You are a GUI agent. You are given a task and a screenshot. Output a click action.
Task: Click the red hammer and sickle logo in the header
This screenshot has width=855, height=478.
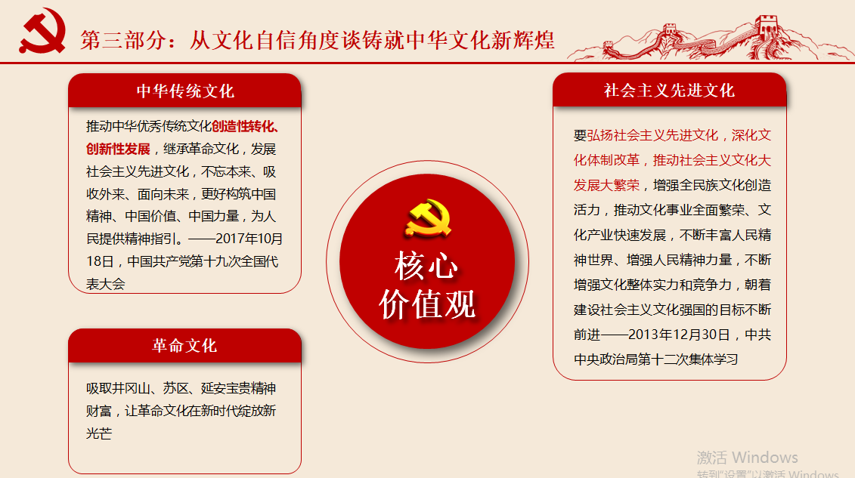pyautogui.click(x=42, y=31)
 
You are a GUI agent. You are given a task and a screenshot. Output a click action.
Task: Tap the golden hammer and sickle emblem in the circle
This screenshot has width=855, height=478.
pyautogui.click(x=429, y=219)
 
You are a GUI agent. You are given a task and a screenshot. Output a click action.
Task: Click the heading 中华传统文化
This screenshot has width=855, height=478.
pyautogui.click(x=185, y=91)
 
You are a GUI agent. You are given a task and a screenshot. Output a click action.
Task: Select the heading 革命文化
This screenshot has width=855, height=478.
pyautogui.click(x=184, y=346)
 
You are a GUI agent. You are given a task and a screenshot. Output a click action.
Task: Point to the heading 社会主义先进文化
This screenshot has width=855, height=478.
pyautogui.click(x=669, y=91)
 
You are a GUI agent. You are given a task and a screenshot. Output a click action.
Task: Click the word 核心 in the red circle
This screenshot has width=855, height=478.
pyautogui.click(x=426, y=267)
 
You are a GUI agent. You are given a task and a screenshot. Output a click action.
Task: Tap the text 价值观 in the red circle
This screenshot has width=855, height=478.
pyautogui.click(x=427, y=304)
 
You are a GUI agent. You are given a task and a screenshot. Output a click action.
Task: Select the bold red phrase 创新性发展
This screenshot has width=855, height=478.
pyautogui.click(x=118, y=150)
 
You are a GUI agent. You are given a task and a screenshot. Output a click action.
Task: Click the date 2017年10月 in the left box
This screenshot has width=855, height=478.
pyautogui.click(x=249, y=239)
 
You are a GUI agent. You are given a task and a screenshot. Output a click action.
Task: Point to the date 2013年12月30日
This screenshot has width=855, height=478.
pyautogui.click(x=679, y=335)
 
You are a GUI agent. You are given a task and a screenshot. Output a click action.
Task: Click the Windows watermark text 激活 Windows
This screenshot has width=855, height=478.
pyautogui.click(x=747, y=458)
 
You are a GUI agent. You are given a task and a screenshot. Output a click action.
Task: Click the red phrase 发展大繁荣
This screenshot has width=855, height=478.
pyautogui.click(x=606, y=186)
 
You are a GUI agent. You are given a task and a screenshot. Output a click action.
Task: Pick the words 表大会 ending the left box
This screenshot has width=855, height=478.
pyautogui.click(x=106, y=284)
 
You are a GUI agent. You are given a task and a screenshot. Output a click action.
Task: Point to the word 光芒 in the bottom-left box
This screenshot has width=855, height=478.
pyautogui.click(x=99, y=433)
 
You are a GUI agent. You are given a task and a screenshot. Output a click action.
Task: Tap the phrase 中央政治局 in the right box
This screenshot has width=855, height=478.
pyautogui.click(x=606, y=360)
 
